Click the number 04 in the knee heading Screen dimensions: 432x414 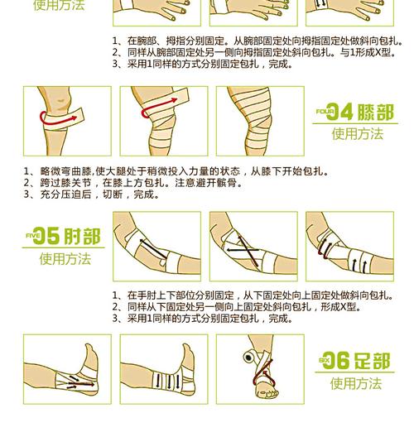click(339, 112)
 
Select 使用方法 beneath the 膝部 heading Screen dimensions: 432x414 click(357, 134)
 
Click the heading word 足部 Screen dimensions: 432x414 click(372, 361)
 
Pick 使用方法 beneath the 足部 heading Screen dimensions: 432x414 click(357, 383)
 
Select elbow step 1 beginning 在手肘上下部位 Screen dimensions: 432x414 click(248, 295)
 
